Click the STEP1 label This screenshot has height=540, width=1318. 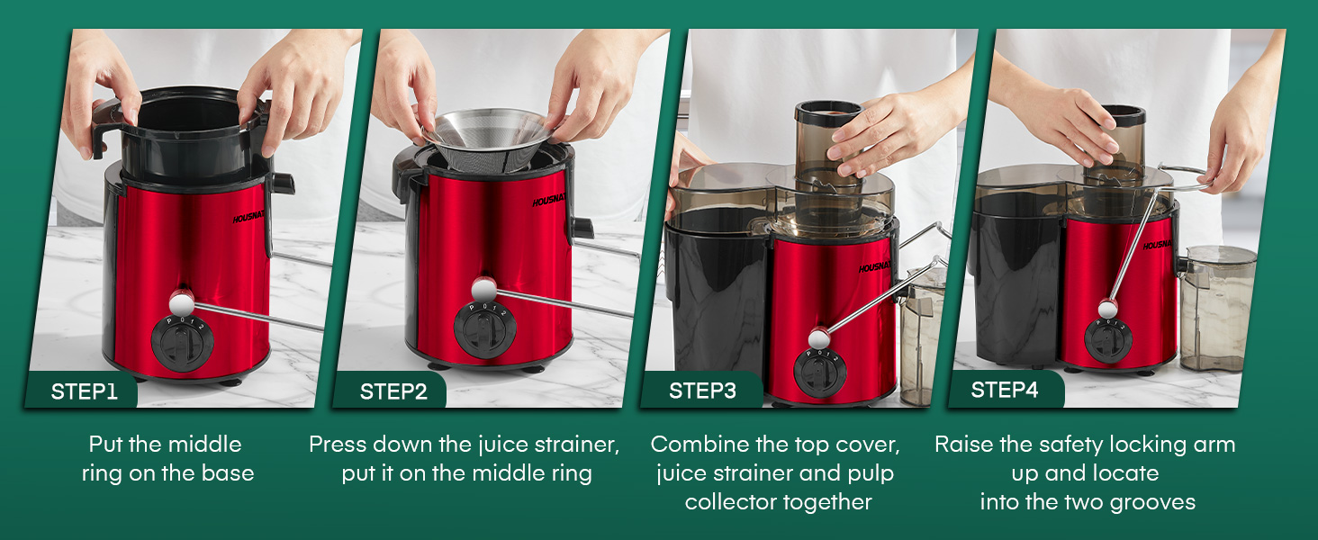[84, 391]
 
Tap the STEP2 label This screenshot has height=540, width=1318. [393, 391]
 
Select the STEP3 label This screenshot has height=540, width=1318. [702, 391]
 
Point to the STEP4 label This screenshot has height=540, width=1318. [1005, 390]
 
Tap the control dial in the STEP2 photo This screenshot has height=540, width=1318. [485, 330]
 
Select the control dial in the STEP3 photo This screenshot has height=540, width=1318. [819, 373]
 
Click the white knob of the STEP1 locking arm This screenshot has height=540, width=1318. [182, 303]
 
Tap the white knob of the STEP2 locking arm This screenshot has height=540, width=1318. [484, 290]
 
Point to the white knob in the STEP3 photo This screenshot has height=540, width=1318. [818, 337]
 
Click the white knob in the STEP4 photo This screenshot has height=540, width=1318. [1108, 308]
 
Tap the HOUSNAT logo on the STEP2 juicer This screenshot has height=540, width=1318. [548, 200]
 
